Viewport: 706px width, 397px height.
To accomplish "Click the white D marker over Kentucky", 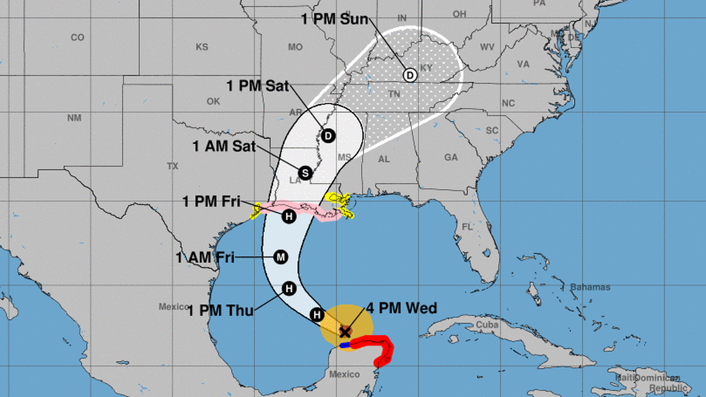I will click(409, 75).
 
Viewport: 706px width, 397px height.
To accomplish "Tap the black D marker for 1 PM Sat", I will click(328, 136).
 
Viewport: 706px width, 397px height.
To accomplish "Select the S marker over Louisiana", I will click(304, 173).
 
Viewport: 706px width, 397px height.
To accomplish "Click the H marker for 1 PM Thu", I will click(289, 288).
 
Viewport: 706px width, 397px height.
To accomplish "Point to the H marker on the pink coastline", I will click(288, 216).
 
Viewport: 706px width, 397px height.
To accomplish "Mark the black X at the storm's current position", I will click(345, 333).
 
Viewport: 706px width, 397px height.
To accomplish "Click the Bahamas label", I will click(591, 287).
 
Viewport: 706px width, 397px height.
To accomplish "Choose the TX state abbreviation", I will click(172, 166).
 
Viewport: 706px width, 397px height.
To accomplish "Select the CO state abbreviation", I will click(77, 38).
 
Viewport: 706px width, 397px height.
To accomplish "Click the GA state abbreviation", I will click(451, 158).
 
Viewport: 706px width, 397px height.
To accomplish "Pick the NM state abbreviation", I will click(74, 118).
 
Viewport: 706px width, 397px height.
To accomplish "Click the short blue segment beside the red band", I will click(344, 345).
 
